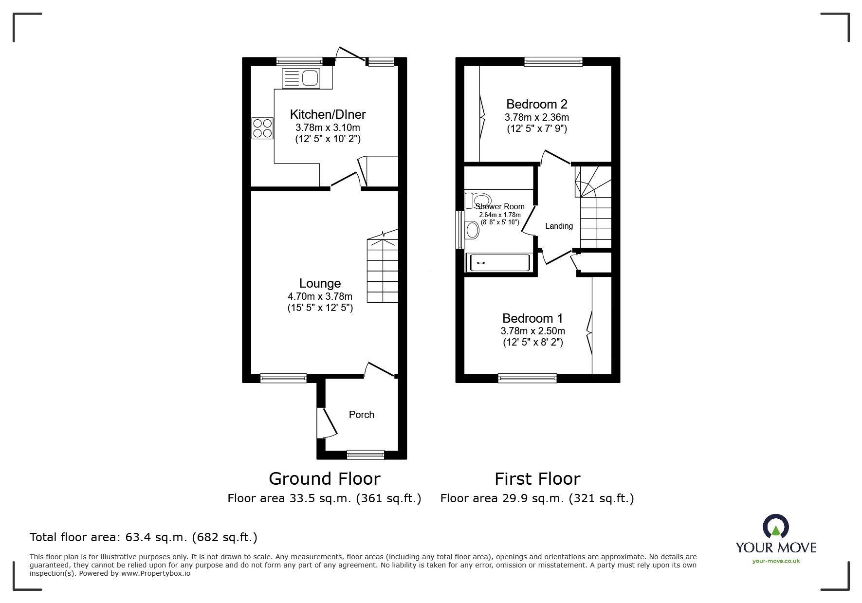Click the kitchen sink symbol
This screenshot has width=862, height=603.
[x=300, y=78]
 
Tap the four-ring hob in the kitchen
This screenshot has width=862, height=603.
[x=262, y=128]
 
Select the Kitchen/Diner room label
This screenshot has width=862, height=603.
[x=328, y=115]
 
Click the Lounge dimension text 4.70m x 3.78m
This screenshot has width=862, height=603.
[x=320, y=296]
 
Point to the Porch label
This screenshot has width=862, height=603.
[x=362, y=415]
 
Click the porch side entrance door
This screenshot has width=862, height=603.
[x=325, y=422]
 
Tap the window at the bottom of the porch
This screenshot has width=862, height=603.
[x=365, y=455]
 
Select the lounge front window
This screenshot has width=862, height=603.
[x=283, y=378]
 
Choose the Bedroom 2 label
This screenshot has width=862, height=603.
[x=536, y=104]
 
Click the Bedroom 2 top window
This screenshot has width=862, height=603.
[x=553, y=62]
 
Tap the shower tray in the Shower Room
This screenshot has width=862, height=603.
[x=497, y=263]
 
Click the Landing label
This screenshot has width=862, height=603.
[x=559, y=226]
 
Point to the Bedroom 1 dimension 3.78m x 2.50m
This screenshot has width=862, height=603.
[x=532, y=331]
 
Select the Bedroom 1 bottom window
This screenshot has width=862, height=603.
[x=527, y=378]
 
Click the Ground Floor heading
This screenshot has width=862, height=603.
[x=324, y=479]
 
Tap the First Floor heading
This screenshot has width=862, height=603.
[x=537, y=479]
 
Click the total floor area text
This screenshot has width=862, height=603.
[x=144, y=537]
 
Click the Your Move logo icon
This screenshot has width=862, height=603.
[x=776, y=527]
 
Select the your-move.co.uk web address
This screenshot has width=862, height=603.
[x=776, y=561]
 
